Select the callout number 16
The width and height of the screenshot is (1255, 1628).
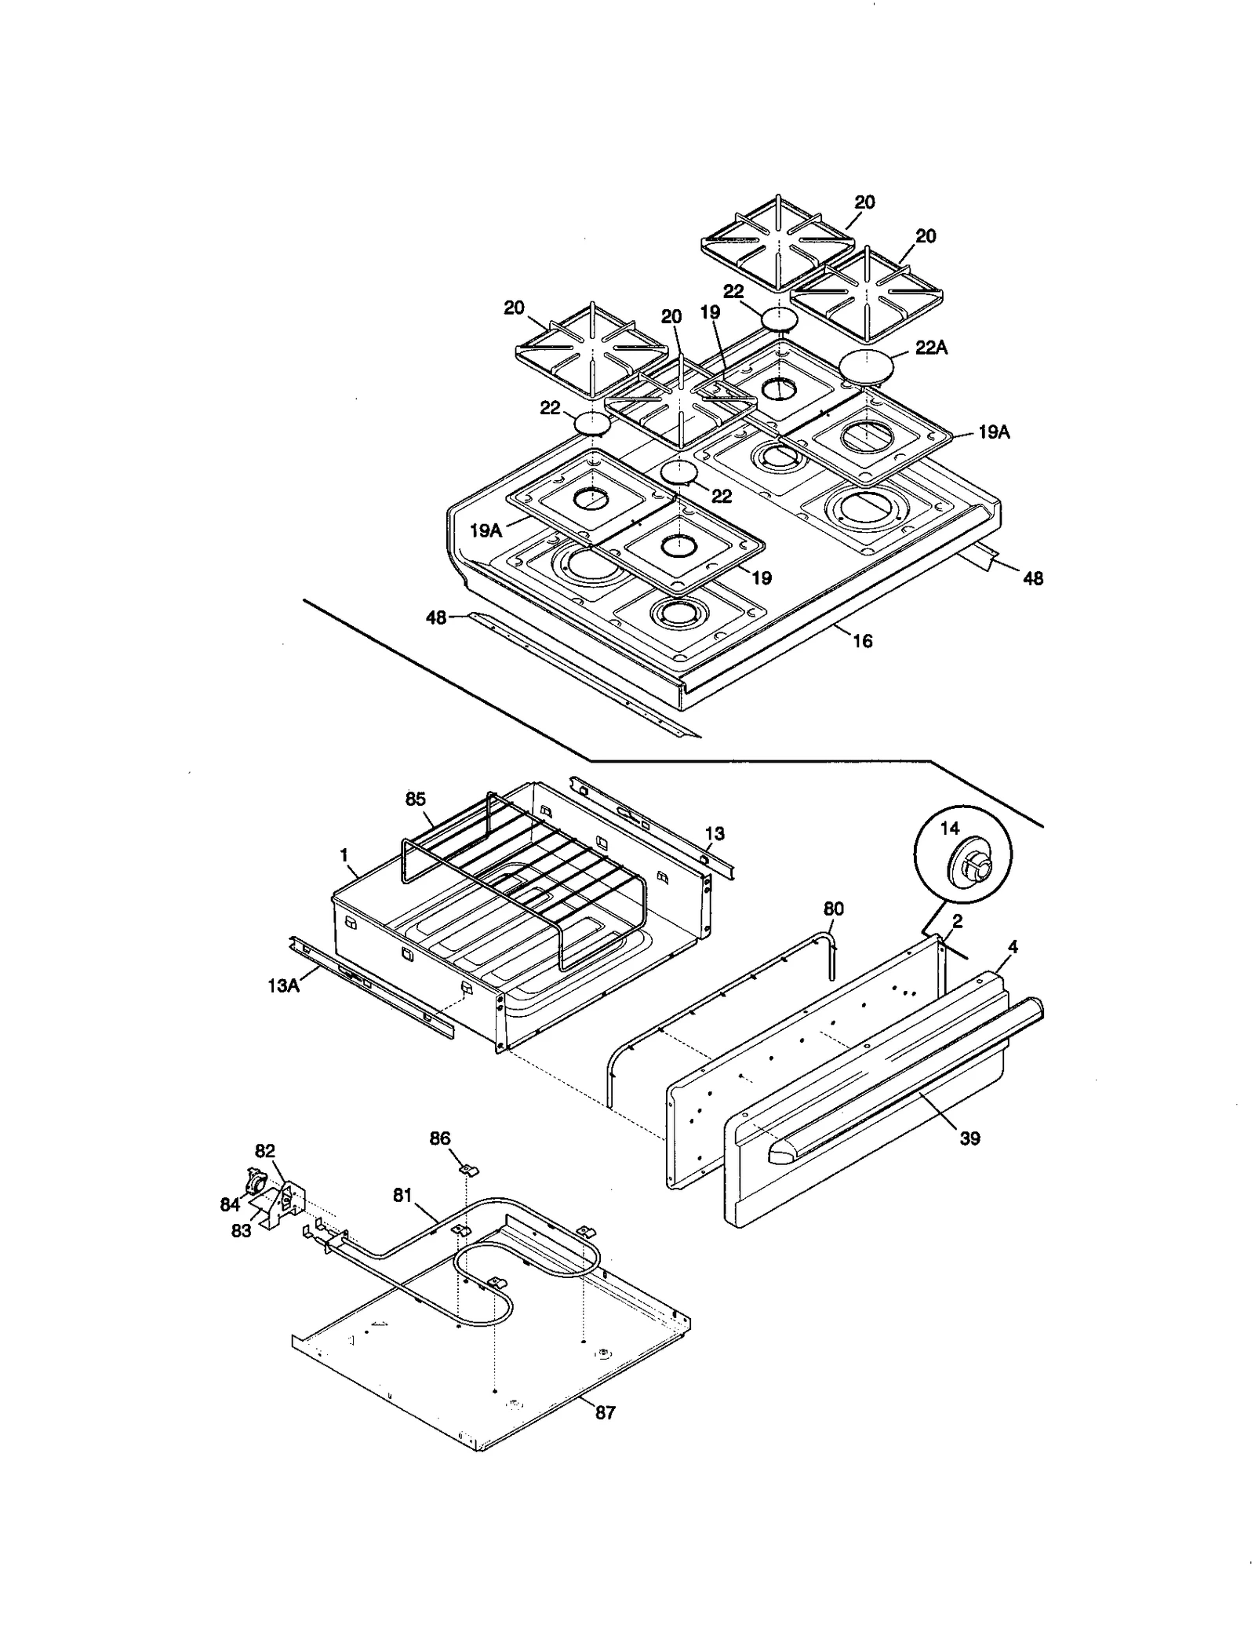[862, 641]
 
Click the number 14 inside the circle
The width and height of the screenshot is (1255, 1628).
[949, 828]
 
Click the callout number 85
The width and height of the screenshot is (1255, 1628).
[415, 799]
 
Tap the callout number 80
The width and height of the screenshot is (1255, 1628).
[833, 909]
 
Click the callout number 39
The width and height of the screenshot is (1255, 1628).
[969, 1138]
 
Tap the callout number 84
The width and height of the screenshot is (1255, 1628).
[229, 1204]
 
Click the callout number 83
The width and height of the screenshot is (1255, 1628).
[241, 1231]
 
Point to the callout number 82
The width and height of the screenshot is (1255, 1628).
[265, 1151]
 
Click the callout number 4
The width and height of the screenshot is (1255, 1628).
[1013, 947]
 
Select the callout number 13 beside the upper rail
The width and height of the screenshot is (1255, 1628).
[715, 833]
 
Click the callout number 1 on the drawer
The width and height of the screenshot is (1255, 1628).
[344, 855]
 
